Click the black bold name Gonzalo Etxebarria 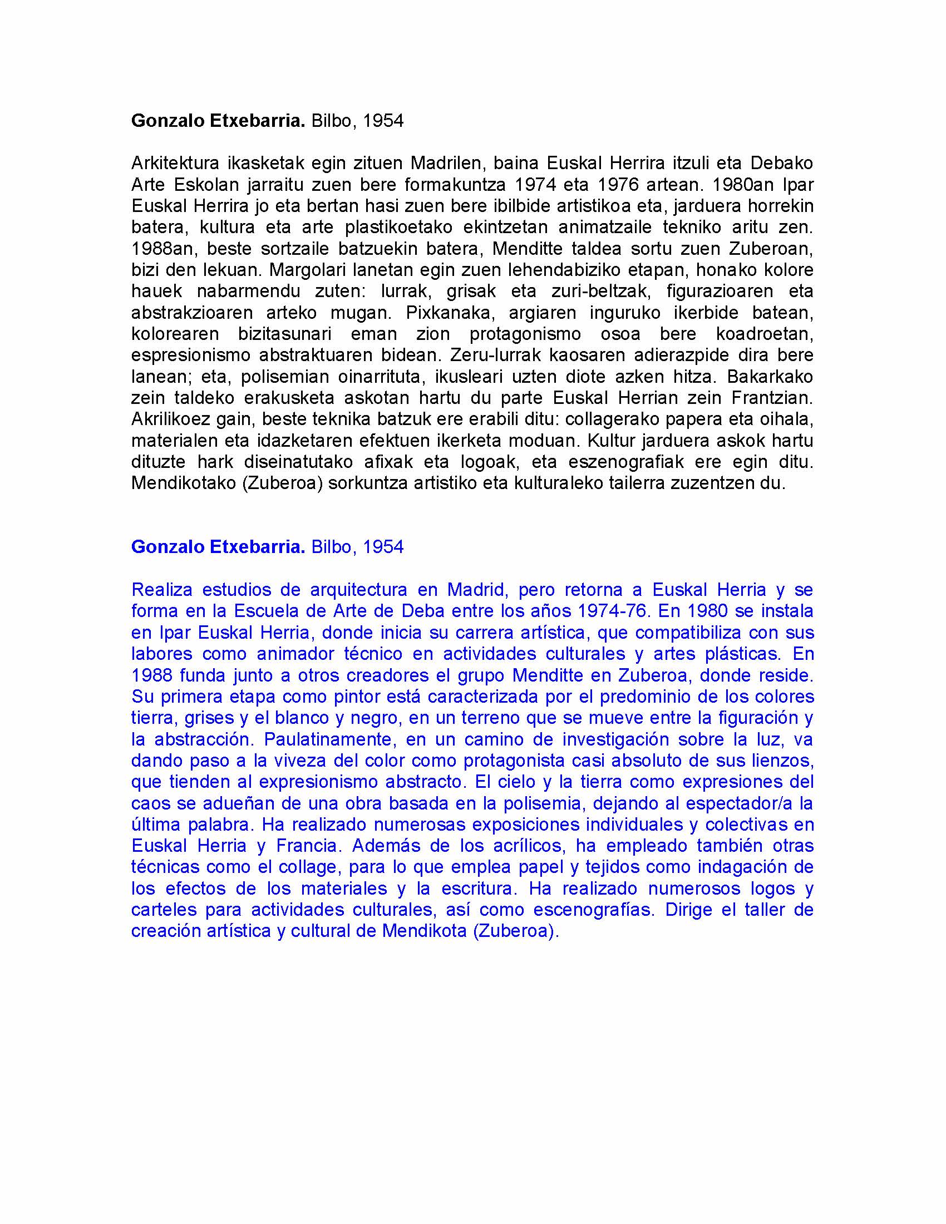click(x=218, y=121)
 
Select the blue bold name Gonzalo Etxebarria click(x=218, y=547)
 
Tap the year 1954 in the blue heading click(x=383, y=547)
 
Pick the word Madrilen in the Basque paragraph click(x=446, y=164)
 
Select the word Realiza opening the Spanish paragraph click(x=162, y=590)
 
